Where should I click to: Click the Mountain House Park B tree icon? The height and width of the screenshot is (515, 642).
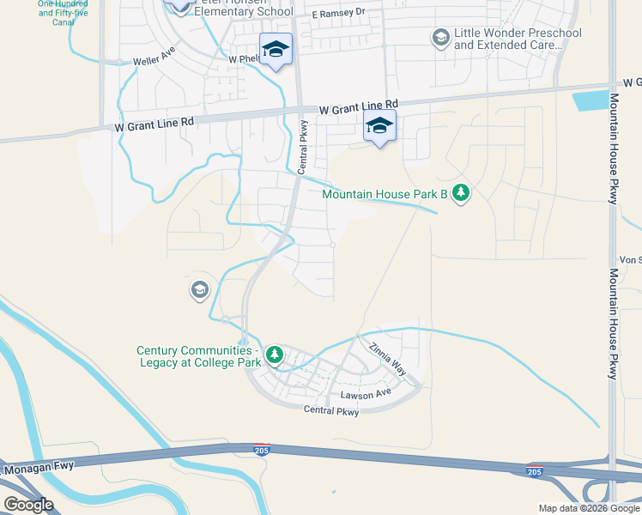[462, 192]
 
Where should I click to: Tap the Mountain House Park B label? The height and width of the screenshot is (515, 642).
[385, 194]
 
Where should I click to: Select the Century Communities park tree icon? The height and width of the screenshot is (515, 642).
[275, 354]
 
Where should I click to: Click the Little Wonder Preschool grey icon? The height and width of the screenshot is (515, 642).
[440, 38]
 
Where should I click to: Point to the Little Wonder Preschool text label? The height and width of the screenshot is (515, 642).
[518, 39]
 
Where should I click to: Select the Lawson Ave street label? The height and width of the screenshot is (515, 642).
[365, 394]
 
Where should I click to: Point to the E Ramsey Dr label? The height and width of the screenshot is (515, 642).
[338, 15]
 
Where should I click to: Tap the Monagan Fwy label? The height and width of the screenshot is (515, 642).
[39, 469]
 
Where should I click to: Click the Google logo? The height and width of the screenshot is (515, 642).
[27, 504]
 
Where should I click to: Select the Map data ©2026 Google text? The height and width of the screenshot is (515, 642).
[589, 508]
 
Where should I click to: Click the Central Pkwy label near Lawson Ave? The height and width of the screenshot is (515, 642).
[330, 410]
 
